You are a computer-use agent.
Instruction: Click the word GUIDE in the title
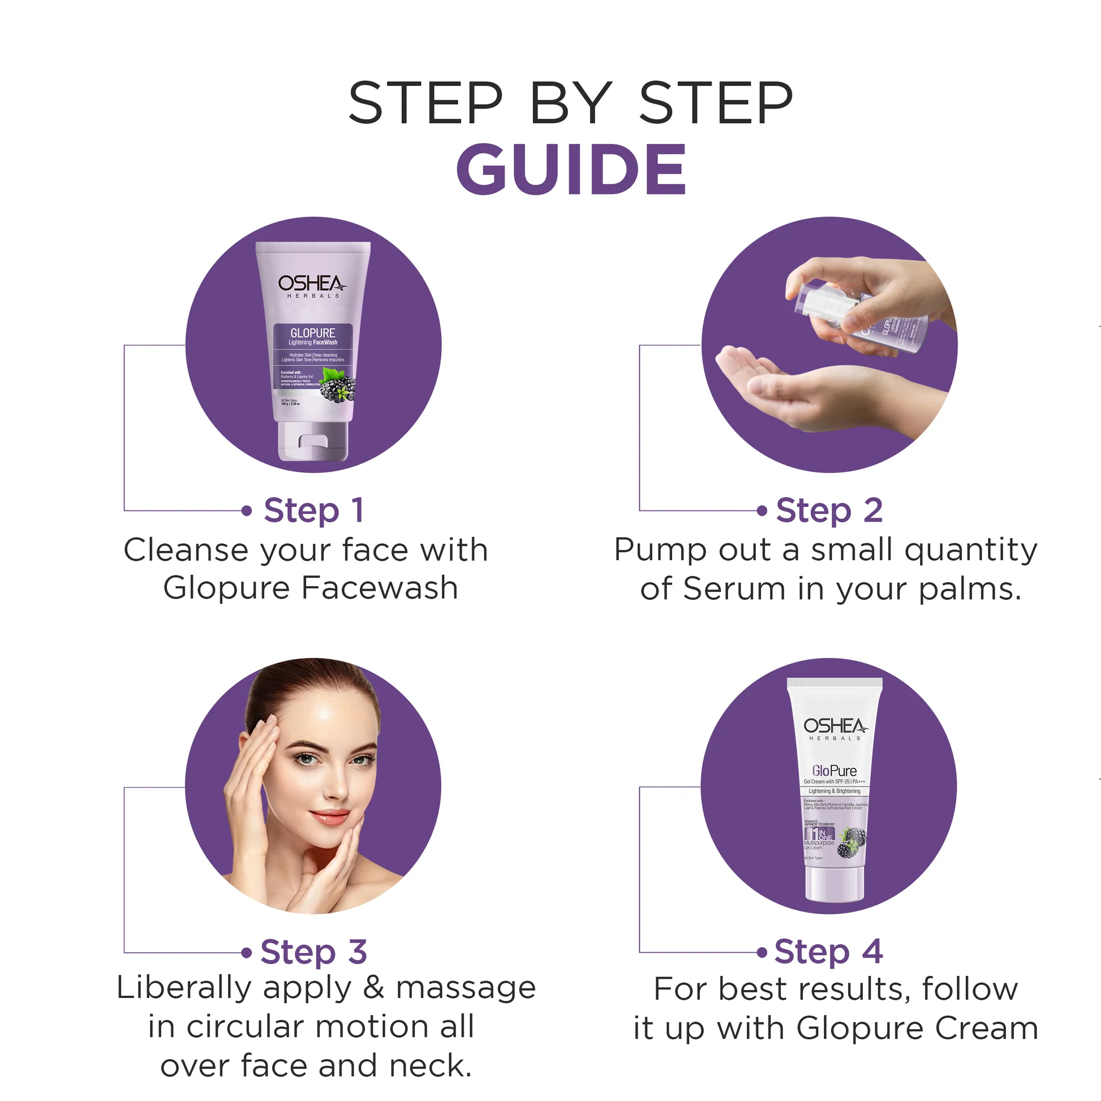[571, 169]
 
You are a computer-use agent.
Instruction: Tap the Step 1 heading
[313, 510]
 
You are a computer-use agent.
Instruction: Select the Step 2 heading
[829, 510]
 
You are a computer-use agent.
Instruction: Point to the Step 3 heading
[313, 952]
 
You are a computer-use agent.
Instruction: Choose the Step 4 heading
[829, 952]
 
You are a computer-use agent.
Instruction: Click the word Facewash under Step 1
[380, 588]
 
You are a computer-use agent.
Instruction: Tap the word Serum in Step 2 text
[734, 588]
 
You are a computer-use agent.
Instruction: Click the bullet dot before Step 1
[246, 510]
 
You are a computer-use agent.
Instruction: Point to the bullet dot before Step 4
[762, 952]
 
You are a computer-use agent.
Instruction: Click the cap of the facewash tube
[313, 442]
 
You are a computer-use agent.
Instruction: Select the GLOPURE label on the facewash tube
[313, 333]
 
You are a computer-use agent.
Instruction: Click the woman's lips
[330, 816]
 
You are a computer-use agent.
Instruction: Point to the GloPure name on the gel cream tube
[834, 771]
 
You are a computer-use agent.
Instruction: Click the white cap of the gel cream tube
[834, 884]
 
